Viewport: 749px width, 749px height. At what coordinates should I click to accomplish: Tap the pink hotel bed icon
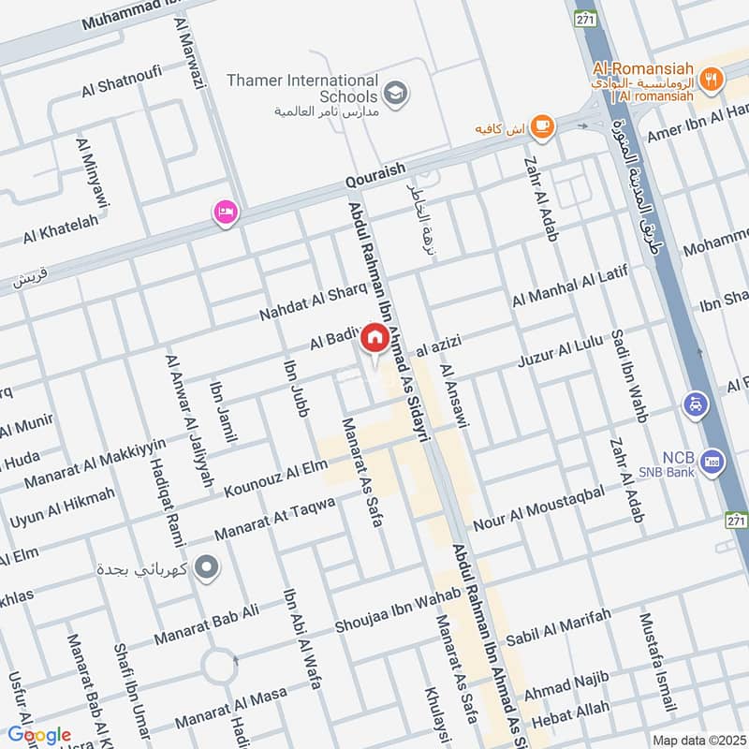click(225, 213)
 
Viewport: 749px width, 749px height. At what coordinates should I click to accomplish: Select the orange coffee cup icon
click(541, 125)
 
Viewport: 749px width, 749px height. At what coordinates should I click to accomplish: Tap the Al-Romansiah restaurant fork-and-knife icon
click(712, 81)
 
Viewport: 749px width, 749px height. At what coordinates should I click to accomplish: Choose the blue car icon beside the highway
click(696, 404)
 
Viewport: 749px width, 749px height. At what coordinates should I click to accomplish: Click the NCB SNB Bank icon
click(712, 462)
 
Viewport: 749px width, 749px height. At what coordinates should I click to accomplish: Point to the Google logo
click(39, 735)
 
